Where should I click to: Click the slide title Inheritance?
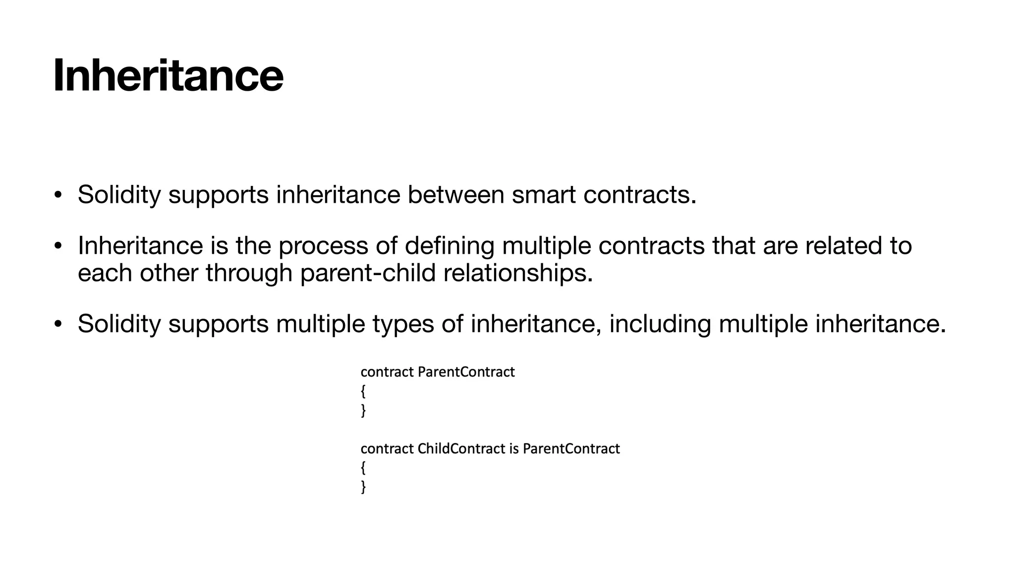coord(168,75)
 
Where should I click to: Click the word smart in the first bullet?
coord(543,194)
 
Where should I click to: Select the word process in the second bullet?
coord(323,246)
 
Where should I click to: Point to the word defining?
coord(449,246)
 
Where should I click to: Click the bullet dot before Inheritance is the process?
coord(58,246)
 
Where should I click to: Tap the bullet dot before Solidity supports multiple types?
coord(58,325)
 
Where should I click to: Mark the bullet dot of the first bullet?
coord(58,195)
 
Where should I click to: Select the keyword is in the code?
coord(514,449)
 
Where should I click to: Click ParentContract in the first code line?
coord(466,372)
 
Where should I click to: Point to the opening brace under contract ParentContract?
coord(363,392)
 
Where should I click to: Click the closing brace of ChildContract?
coord(363,487)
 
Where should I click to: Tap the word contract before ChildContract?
coord(387,449)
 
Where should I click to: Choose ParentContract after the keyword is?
coord(571,449)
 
